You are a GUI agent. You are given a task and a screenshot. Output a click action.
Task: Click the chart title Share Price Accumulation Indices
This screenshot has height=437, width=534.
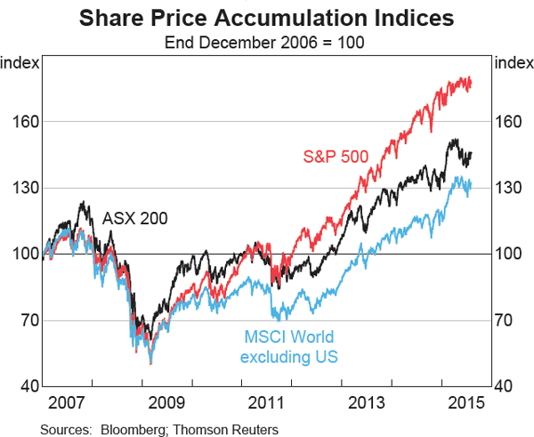[x=267, y=18]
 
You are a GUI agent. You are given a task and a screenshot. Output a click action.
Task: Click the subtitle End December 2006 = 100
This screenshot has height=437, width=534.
[x=267, y=40]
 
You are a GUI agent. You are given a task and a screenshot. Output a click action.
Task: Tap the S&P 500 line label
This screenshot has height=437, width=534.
[x=336, y=157]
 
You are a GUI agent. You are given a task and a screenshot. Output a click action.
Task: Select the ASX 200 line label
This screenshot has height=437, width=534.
[x=134, y=217]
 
